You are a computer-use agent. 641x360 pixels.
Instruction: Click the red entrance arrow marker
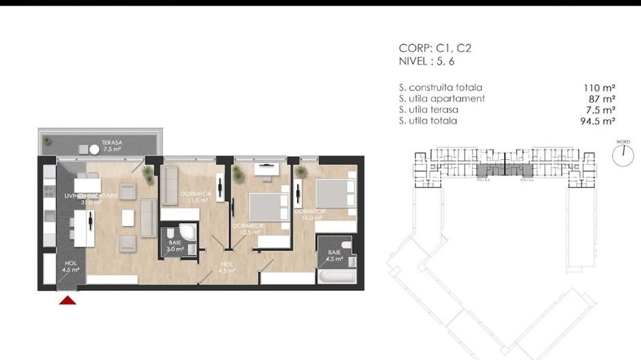67,301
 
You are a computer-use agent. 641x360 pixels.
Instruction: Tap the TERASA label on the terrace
112,143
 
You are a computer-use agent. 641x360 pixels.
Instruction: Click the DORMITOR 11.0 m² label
195,197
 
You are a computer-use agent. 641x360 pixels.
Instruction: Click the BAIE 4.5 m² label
333,255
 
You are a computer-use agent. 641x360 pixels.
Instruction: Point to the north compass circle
623,156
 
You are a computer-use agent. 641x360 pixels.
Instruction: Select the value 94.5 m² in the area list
597,121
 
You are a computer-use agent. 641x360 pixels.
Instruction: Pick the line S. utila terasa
428,109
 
